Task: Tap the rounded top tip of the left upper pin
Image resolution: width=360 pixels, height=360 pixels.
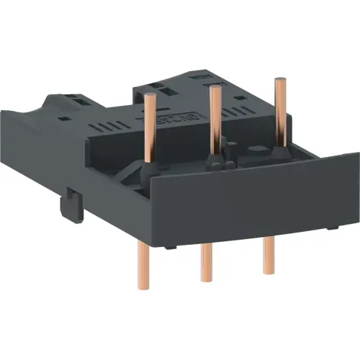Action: click(151, 94)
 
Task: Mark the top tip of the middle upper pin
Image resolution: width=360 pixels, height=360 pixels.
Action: click(214, 89)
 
